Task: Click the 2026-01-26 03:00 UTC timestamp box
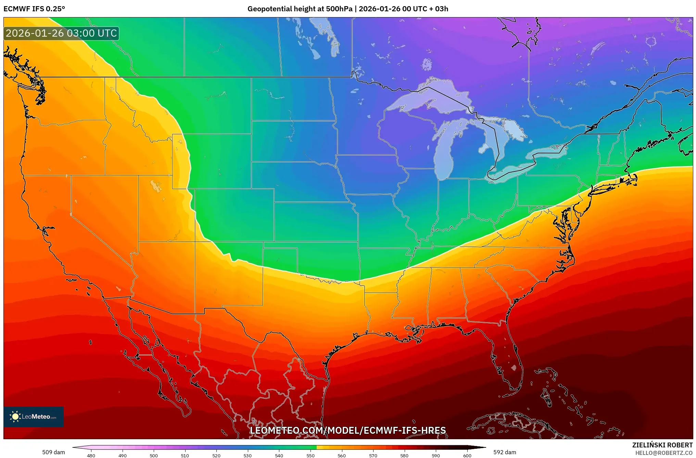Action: [x=61, y=33]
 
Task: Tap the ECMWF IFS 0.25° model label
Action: [x=34, y=9]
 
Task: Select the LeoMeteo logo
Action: [x=34, y=417]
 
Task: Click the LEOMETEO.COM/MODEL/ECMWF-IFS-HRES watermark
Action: [x=348, y=430]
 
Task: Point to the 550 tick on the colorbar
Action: [x=311, y=455]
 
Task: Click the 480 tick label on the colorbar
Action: [x=91, y=456]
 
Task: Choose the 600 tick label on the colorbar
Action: [x=467, y=456]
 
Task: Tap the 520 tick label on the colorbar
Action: [x=216, y=456]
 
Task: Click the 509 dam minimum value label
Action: [x=53, y=452]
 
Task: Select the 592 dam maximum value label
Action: [x=505, y=452]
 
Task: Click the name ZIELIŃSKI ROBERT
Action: [x=662, y=445]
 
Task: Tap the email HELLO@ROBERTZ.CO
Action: [x=664, y=453]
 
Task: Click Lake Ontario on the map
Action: [x=548, y=151]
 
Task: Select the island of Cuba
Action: [x=514, y=424]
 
